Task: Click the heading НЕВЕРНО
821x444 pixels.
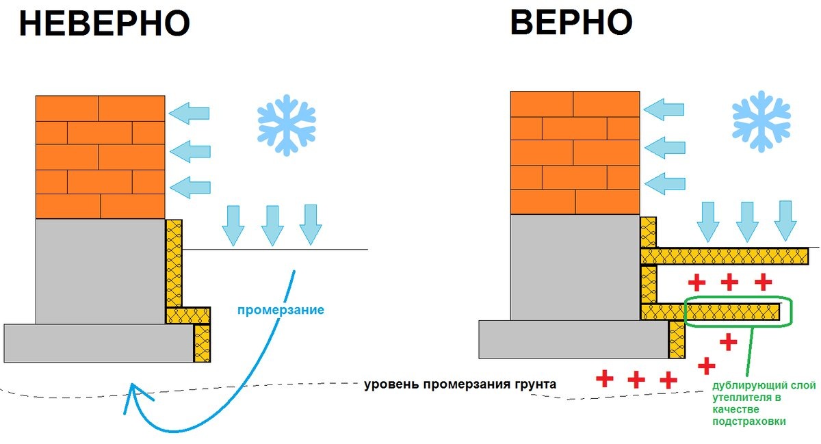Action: click(x=105, y=23)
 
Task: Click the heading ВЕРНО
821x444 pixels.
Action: click(x=571, y=22)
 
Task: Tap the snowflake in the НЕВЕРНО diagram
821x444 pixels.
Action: click(x=286, y=125)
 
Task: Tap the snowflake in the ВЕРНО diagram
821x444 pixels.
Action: click(x=761, y=121)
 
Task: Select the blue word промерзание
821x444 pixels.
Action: click(x=281, y=310)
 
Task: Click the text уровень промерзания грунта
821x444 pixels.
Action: click(x=460, y=384)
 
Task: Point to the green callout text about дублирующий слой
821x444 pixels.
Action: click(x=764, y=404)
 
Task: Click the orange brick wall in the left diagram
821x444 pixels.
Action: click(x=100, y=157)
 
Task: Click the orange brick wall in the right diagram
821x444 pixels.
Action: click(x=575, y=153)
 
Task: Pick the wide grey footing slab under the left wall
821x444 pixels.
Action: click(x=99, y=343)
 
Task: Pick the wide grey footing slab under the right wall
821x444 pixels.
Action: click(x=574, y=339)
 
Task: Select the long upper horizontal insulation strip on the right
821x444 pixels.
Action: click(x=725, y=257)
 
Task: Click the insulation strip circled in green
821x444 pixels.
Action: click(x=733, y=312)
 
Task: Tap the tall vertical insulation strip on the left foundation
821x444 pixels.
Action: click(x=174, y=263)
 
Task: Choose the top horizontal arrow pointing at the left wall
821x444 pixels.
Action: click(x=189, y=114)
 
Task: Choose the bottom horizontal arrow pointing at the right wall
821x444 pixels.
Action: click(x=665, y=183)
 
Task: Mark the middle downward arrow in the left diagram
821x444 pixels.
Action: click(x=272, y=226)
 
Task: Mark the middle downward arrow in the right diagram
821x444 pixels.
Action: click(x=747, y=222)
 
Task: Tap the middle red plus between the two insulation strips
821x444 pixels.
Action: click(x=729, y=283)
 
